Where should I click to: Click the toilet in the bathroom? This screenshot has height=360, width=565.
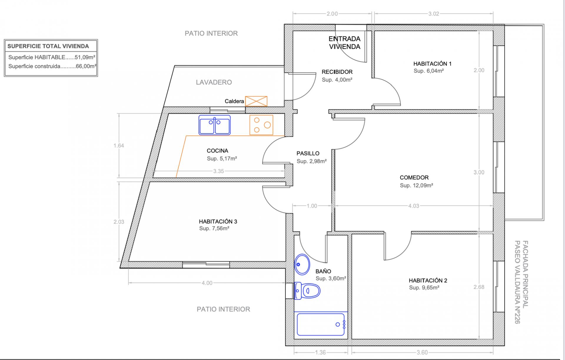coord(307,291)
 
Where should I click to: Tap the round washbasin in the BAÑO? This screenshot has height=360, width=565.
coord(302,264)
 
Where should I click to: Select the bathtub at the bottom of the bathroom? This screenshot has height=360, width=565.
coord(321,324)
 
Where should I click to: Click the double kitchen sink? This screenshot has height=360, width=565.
coord(215,125)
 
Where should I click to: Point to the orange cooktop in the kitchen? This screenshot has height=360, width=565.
coord(261,125)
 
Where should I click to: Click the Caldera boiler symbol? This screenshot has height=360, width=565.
coord(256,101)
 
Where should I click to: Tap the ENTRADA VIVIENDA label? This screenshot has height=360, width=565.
coord(345,43)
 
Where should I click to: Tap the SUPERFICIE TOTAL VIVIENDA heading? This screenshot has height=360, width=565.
coord(48,46)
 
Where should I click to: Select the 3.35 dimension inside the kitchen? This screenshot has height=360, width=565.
coord(219,171)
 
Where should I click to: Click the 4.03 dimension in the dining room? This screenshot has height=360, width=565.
coord(414,206)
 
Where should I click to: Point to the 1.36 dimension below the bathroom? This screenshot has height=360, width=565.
coord(320,352)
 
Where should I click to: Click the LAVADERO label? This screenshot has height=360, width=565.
coord(214,82)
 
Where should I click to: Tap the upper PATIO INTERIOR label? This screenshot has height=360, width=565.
coord(211,34)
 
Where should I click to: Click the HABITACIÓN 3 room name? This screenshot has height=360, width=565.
coord(218,221)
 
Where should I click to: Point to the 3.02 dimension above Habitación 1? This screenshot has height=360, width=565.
coord(434,14)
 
